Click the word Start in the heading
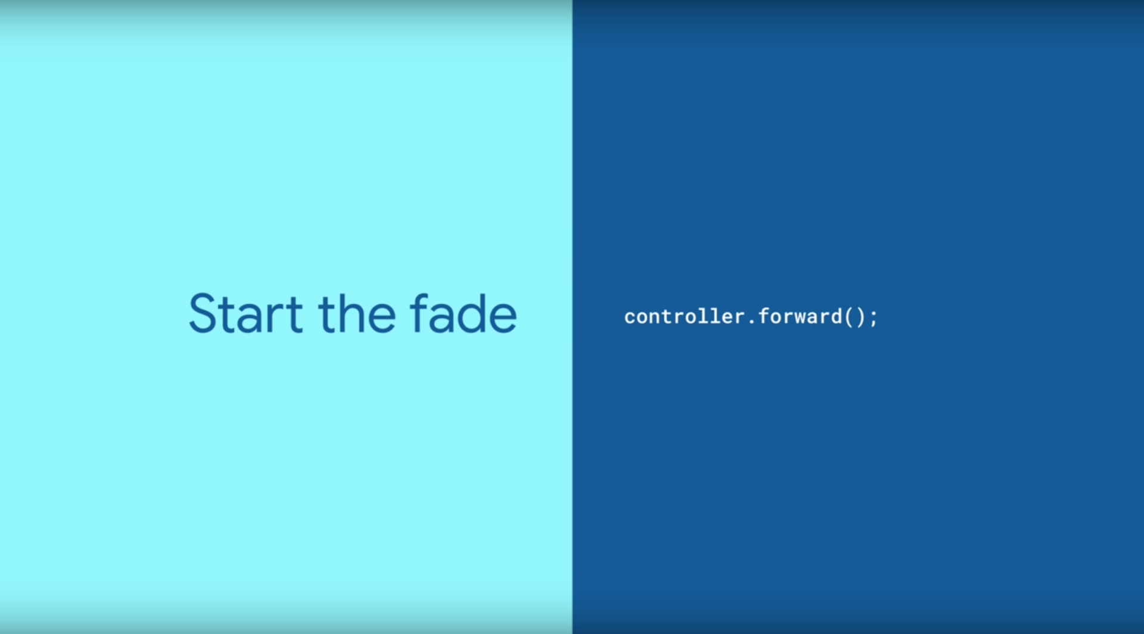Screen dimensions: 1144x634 click(x=245, y=313)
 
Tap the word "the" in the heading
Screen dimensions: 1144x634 click(x=357, y=313)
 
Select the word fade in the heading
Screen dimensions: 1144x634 click(x=463, y=313)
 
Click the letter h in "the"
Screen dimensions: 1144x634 click(x=350, y=313)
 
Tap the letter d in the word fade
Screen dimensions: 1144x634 click(x=471, y=314)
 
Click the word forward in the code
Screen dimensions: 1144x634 click(x=800, y=316)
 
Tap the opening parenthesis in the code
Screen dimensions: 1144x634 click(x=850, y=317)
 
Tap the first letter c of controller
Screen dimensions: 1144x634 click(x=630, y=318)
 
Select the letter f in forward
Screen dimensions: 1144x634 click(x=764, y=316)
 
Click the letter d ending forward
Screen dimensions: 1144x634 click(x=837, y=316)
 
